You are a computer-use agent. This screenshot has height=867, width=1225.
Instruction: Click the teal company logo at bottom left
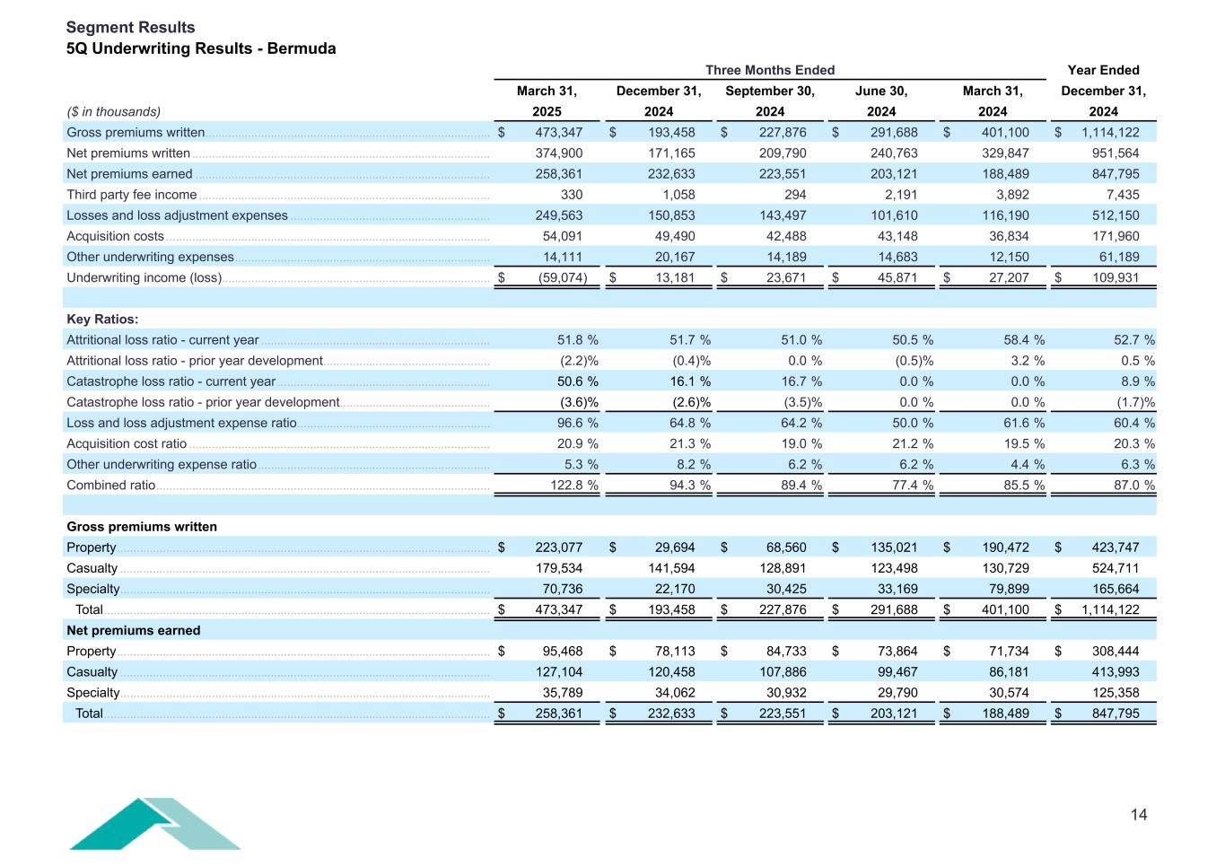[x=154, y=823]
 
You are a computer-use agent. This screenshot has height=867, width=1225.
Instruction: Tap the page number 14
[x=1138, y=815]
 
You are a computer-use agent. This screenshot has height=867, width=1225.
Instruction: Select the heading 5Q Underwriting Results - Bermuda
[x=201, y=48]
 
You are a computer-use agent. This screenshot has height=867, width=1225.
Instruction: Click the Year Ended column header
[x=1103, y=70]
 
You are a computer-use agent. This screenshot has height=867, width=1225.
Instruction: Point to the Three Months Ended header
[x=769, y=70]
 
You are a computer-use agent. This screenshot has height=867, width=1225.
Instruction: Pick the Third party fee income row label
[x=131, y=195]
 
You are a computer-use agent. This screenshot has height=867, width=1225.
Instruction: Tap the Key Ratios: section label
[x=102, y=320]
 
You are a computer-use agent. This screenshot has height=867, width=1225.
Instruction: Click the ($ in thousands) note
[x=113, y=112]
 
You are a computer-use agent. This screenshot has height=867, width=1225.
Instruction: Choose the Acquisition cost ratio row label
[x=127, y=444]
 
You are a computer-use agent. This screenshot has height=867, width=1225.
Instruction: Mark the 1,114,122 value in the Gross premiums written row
[x=1109, y=133]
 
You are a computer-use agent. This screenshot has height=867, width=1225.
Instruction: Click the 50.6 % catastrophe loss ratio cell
[x=578, y=381]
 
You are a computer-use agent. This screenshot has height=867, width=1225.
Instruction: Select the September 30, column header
[x=769, y=91]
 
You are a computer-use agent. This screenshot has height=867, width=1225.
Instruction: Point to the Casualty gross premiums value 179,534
[x=557, y=568]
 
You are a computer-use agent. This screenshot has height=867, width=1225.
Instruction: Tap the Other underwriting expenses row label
[x=150, y=258]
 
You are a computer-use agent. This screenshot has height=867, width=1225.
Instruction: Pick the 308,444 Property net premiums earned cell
[x=1113, y=652]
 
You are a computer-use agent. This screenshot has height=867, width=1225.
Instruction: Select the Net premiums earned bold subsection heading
[x=133, y=631]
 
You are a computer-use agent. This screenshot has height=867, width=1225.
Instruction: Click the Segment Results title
[x=130, y=28]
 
